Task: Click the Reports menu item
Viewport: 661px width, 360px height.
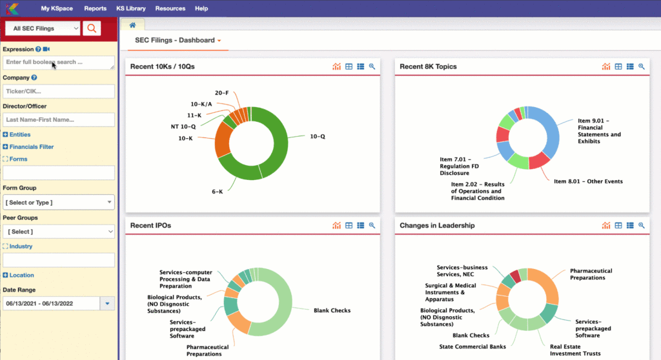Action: pos(95,8)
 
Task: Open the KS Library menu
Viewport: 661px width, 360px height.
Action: pos(130,8)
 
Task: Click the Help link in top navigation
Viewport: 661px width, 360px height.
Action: pos(201,8)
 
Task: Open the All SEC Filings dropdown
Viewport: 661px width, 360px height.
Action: pos(42,28)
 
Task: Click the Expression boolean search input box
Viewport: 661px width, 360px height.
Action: pos(58,63)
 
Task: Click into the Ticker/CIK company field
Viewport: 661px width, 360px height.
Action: pos(58,91)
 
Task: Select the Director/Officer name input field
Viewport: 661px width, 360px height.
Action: pos(58,119)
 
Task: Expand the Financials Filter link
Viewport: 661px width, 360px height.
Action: pos(31,147)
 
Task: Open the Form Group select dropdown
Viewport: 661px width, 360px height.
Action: pos(58,203)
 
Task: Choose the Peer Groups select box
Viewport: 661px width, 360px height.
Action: pos(58,231)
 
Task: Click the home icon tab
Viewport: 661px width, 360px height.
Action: pos(133,25)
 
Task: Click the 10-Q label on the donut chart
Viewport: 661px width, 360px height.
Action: pos(317,137)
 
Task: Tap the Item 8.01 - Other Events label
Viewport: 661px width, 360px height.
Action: pos(588,181)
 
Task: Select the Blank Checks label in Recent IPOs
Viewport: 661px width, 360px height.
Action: pos(332,310)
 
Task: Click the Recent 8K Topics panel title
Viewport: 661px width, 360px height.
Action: pos(428,66)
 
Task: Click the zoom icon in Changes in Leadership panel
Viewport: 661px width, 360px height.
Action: pos(641,226)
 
